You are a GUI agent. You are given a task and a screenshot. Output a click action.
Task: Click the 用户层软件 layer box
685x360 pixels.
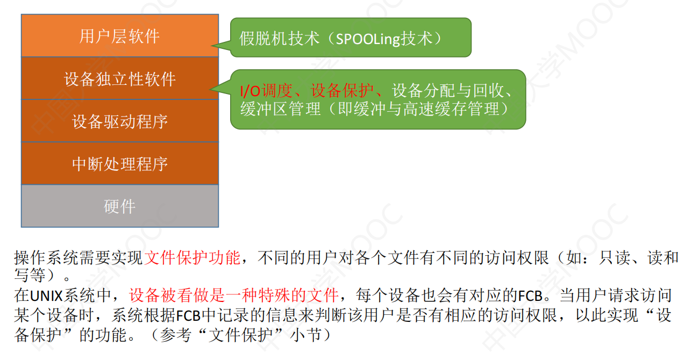[x=120, y=35]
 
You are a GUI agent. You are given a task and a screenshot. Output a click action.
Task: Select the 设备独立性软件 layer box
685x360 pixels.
[x=120, y=78]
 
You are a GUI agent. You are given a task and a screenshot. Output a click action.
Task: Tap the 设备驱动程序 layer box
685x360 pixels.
[x=120, y=121]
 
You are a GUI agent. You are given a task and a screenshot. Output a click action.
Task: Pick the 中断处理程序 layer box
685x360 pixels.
[x=120, y=163]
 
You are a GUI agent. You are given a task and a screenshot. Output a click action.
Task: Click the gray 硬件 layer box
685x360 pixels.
[x=120, y=206]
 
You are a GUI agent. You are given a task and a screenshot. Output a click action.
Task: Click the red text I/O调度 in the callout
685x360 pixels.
[x=266, y=91]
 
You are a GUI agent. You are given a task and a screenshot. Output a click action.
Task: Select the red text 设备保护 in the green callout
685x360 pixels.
[x=342, y=91]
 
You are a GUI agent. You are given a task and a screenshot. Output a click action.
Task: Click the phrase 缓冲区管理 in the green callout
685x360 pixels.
[x=281, y=109]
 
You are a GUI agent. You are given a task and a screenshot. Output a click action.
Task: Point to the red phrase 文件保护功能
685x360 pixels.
[x=192, y=257]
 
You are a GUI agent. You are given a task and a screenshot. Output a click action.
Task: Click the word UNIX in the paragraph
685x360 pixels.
[x=46, y=296]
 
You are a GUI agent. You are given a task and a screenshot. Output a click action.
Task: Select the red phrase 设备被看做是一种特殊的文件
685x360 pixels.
[x=234, y=295]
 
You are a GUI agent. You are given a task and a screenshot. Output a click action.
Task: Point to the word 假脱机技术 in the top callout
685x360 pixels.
[x=279, y=39]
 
